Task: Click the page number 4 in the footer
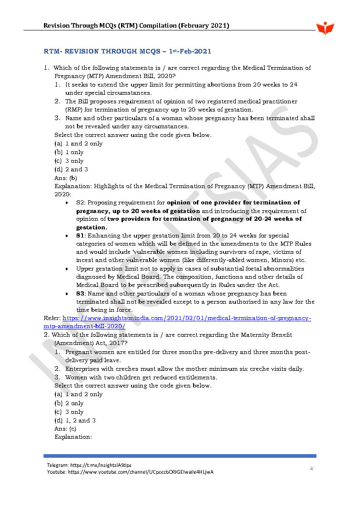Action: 311,469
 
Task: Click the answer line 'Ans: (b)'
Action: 66,178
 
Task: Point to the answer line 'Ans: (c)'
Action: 65,429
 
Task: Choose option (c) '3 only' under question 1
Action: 69,161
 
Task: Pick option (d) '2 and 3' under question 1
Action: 71,170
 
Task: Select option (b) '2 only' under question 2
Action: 69,403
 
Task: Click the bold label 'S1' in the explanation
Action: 80,235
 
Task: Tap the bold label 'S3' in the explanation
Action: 80,294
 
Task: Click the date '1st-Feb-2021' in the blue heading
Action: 190,51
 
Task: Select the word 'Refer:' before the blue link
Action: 52,318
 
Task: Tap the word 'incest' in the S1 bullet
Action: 85,260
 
